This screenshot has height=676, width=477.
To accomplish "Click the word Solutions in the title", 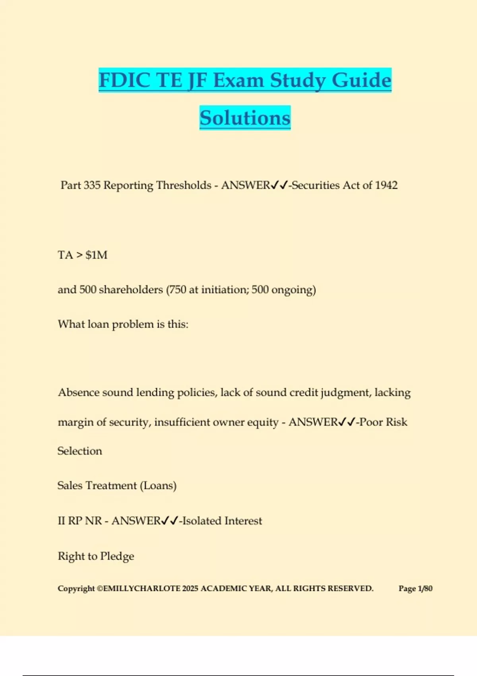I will pos(245,118).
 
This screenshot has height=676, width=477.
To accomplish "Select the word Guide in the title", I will pos(361,80).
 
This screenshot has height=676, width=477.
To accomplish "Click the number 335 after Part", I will pos(92,185).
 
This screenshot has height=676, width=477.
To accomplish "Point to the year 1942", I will pos(386,185).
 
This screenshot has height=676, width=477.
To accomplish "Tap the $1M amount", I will pos(96,255).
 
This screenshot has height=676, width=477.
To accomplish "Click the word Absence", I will pos(78,392).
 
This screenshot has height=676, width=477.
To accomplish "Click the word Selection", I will pos(80,451).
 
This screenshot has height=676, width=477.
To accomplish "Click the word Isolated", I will pos(202,521).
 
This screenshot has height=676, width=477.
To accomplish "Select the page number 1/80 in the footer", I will pos(425,589).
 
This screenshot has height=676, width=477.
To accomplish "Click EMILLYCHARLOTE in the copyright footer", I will pos(141,589).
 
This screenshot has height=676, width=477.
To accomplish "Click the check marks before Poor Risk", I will pos(346,422).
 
